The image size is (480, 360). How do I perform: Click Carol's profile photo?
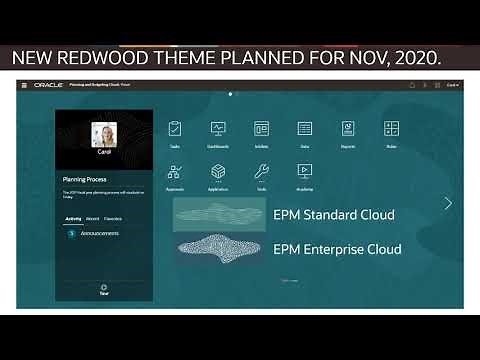click(x=104, y=133)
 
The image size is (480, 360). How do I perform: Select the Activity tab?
click(x=73, y=217)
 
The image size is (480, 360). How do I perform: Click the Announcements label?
click(x=100, y=233)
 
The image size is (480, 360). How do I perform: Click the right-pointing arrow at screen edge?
click(x=448, y=203)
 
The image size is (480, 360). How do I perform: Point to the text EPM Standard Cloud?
click(x=333, y=215)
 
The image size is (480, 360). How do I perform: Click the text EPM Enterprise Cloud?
click(x=337, y=249)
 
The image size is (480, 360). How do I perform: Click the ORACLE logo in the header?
click(x=48, y=85)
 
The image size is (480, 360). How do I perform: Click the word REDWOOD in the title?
click(x=130, y=58)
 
